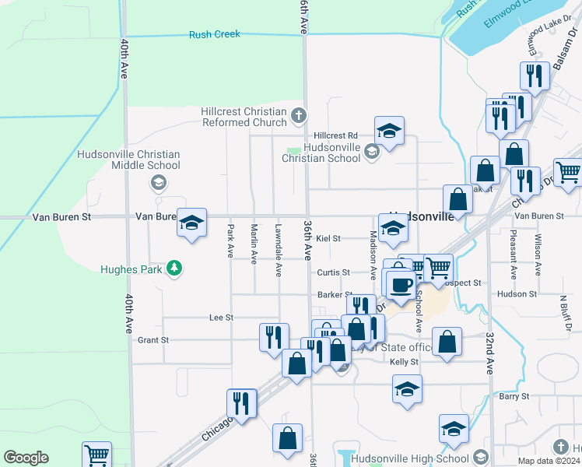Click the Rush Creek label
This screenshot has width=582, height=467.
point(215,34)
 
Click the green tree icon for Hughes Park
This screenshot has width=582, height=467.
point(174,269)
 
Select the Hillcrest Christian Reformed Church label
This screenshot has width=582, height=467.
point(244,117)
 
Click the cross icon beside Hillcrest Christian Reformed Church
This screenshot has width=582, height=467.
point(297,118)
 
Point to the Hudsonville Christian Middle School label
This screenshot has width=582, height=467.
point(128,160)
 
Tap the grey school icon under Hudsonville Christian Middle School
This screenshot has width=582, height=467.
point(158,183)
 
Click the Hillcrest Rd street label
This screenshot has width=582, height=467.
point(335,135)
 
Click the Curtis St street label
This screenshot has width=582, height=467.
point(333,272)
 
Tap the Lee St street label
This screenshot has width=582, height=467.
point(221,318)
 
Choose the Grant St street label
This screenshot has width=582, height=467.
point(153,340)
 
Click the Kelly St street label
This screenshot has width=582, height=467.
point(404,362)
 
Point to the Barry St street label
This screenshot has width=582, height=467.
point(514,396)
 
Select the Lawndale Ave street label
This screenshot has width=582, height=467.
point(278,251)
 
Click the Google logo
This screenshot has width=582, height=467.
point(26,458)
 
